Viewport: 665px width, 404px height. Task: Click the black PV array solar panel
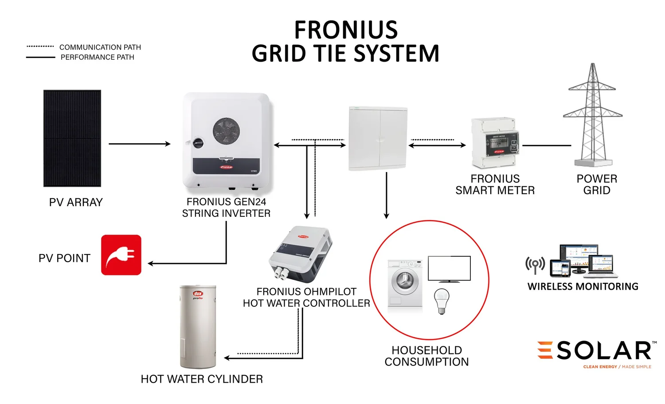[72, 138]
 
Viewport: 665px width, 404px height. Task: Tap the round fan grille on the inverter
[226, 131]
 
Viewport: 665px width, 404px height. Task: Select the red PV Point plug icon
[121, 255]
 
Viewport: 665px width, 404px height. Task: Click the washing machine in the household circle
[405, 284]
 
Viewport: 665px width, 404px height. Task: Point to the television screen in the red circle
[449, 268]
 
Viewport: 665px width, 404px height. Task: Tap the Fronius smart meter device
[495, 143]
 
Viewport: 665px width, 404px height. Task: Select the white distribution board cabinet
[378, 139]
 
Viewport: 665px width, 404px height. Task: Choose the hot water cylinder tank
[198, 326]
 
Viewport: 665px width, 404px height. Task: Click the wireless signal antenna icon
[535, 265]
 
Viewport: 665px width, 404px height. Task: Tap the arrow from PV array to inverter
[139, 144]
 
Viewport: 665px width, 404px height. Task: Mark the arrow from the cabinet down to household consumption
[387, 195]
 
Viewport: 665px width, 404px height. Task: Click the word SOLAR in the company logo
[603, 351]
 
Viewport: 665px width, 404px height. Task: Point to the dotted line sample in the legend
[40, 46]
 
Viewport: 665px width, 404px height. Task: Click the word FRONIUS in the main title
[346, 30]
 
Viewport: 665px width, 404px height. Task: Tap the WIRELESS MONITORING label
[583, 286]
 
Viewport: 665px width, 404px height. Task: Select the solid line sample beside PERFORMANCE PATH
[40, 57]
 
